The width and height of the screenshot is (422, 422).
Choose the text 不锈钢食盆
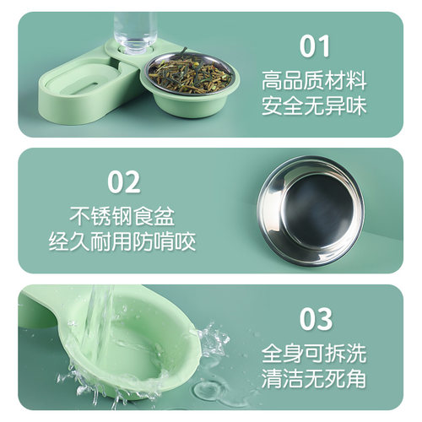[x=125, y=217]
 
